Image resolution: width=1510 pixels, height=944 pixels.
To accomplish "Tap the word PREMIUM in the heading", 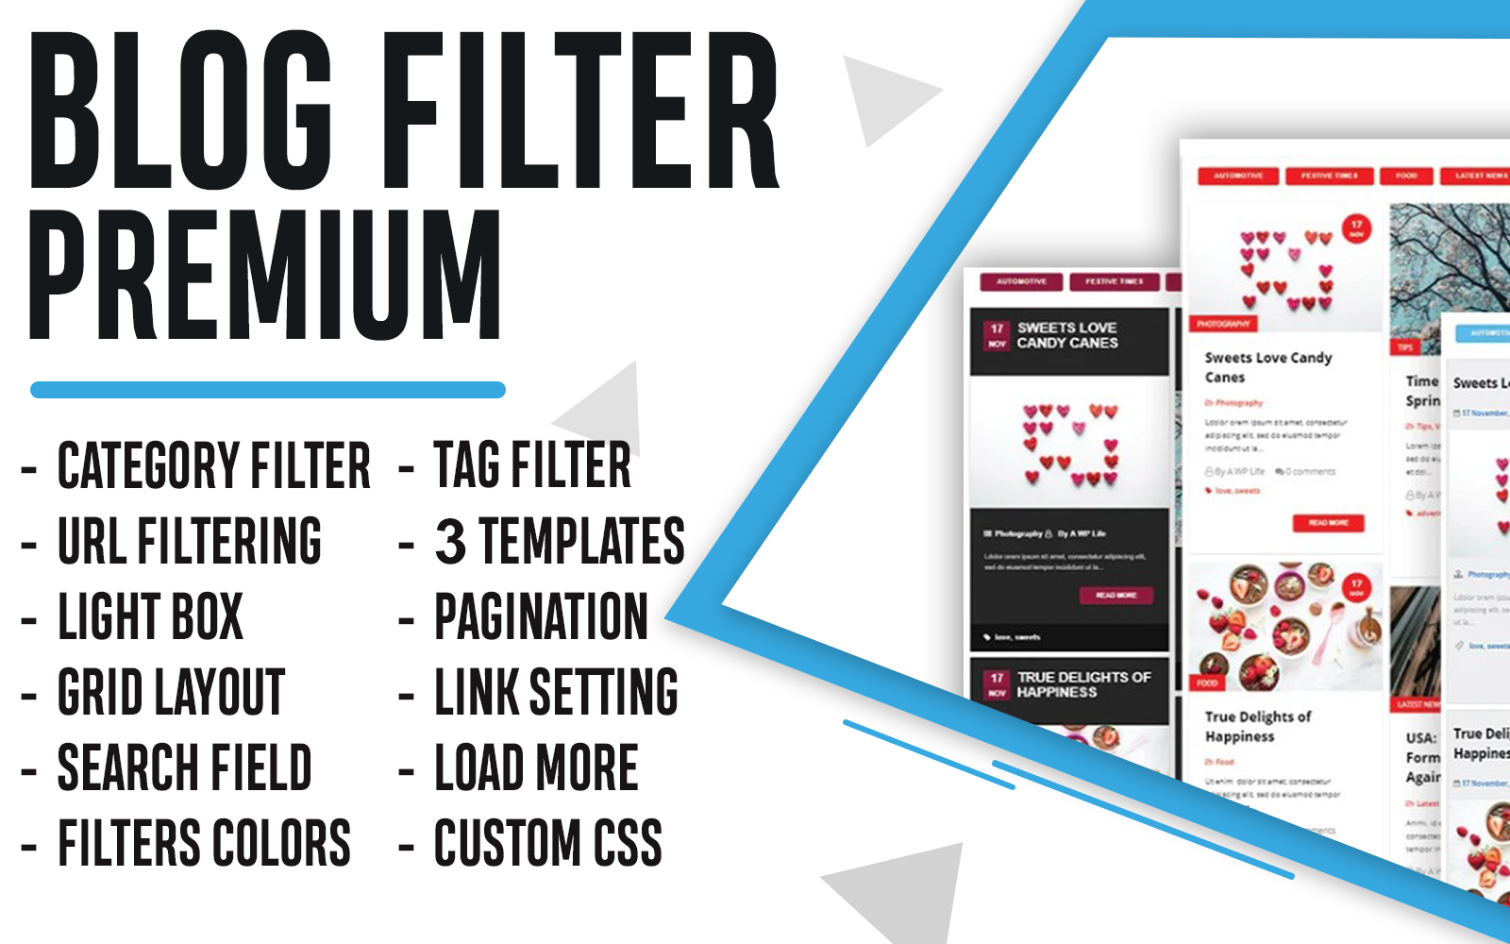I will pos(264,274).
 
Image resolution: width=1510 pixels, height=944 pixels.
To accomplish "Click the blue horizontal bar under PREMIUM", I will pos(268,390).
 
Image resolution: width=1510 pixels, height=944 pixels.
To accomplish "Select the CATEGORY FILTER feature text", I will pos(213,465).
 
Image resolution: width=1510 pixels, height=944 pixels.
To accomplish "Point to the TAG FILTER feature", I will pos(532,465).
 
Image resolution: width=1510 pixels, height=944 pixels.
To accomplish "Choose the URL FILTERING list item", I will pos(189,541).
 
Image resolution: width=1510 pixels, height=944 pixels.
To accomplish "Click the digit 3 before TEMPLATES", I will pos(450,541).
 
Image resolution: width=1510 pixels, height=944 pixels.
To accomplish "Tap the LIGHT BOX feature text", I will pos(151,616).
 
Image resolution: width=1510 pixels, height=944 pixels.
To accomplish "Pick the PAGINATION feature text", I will pos(541,616).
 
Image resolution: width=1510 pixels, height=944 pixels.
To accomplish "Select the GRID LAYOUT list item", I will pos(171,692).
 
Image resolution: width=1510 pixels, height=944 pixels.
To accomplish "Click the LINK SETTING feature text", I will pos(556,692).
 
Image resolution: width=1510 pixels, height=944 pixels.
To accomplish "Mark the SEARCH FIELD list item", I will pos(184,767).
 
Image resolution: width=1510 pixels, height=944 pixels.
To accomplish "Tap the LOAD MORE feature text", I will pos(536,767).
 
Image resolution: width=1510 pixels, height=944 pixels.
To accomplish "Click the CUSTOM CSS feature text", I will pos(547,843).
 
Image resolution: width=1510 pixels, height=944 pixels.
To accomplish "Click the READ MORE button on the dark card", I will pos(1116,596).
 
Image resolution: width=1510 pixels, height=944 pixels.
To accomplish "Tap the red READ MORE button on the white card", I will pos(1328,523).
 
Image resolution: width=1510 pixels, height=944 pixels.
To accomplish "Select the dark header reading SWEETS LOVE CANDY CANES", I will pos(1068,336).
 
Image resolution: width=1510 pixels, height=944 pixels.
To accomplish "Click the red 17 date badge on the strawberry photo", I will pos(1356,588).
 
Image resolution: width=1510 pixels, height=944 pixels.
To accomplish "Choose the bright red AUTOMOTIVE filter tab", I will pos(1238,176).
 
